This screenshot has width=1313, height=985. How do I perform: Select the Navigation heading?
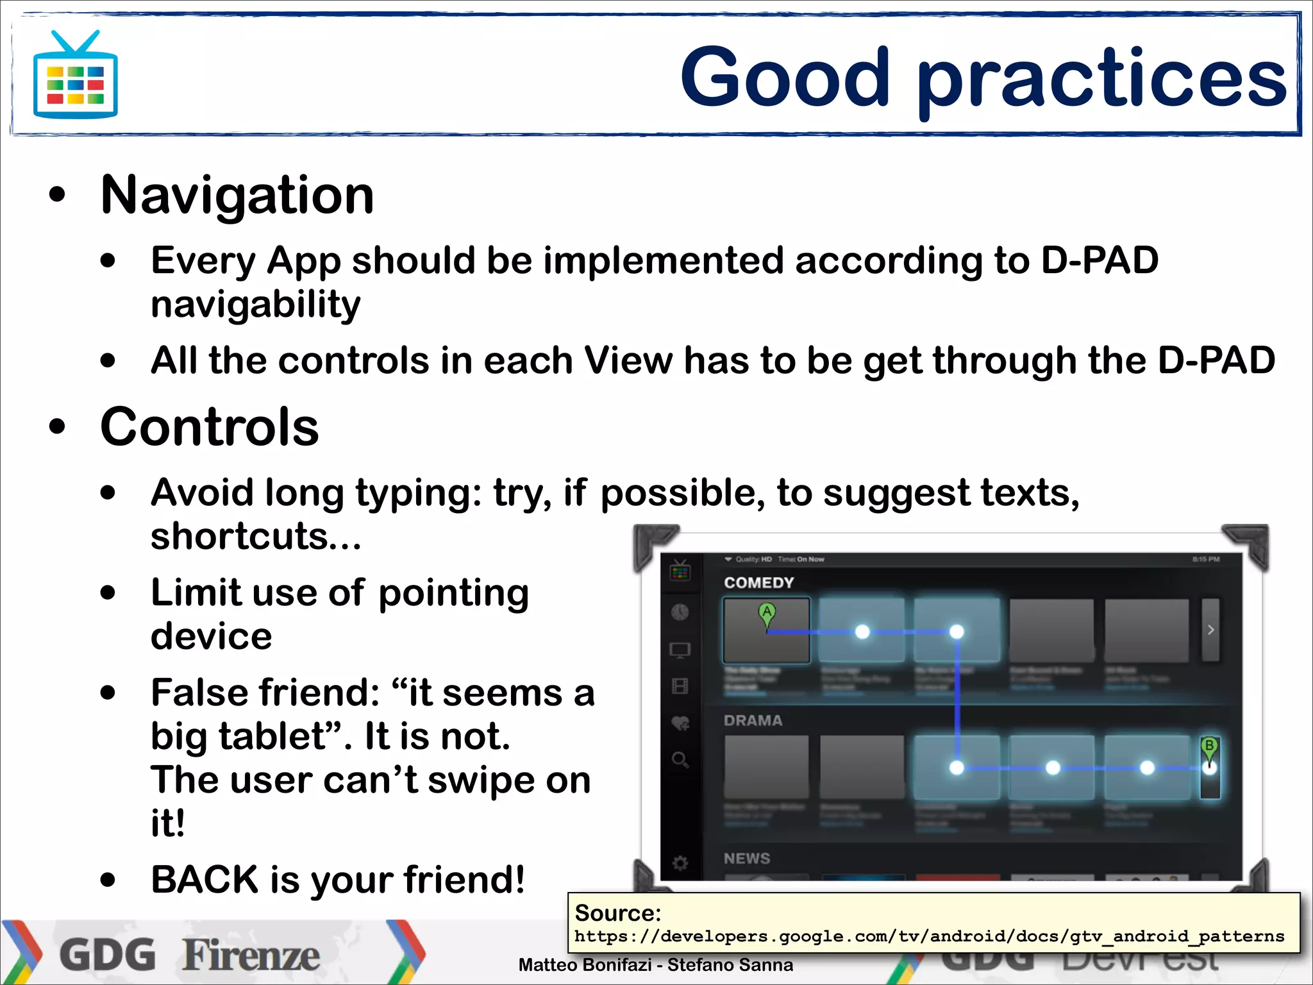[x=237, y=196]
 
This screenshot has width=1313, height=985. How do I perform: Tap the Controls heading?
[x=210, y=428]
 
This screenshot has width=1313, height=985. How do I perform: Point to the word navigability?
[x=255, y=305]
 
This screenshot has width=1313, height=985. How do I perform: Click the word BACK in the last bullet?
[x=205, y=879]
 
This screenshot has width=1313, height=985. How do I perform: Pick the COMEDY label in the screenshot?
[x=759, y=583]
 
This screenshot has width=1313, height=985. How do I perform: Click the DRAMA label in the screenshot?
[x=753, y=721]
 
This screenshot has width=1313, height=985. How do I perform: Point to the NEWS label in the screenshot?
[x=747, y=859]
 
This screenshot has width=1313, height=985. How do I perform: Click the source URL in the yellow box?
[x=929, y=937]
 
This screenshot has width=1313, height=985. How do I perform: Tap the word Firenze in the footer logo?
[x=251, y=956]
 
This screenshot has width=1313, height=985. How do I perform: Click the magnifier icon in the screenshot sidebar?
[x=680, y=761]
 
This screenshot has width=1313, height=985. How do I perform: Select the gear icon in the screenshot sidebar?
[x=680, y=863]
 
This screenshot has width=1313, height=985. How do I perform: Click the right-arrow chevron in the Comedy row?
[x=1210, y=630]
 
